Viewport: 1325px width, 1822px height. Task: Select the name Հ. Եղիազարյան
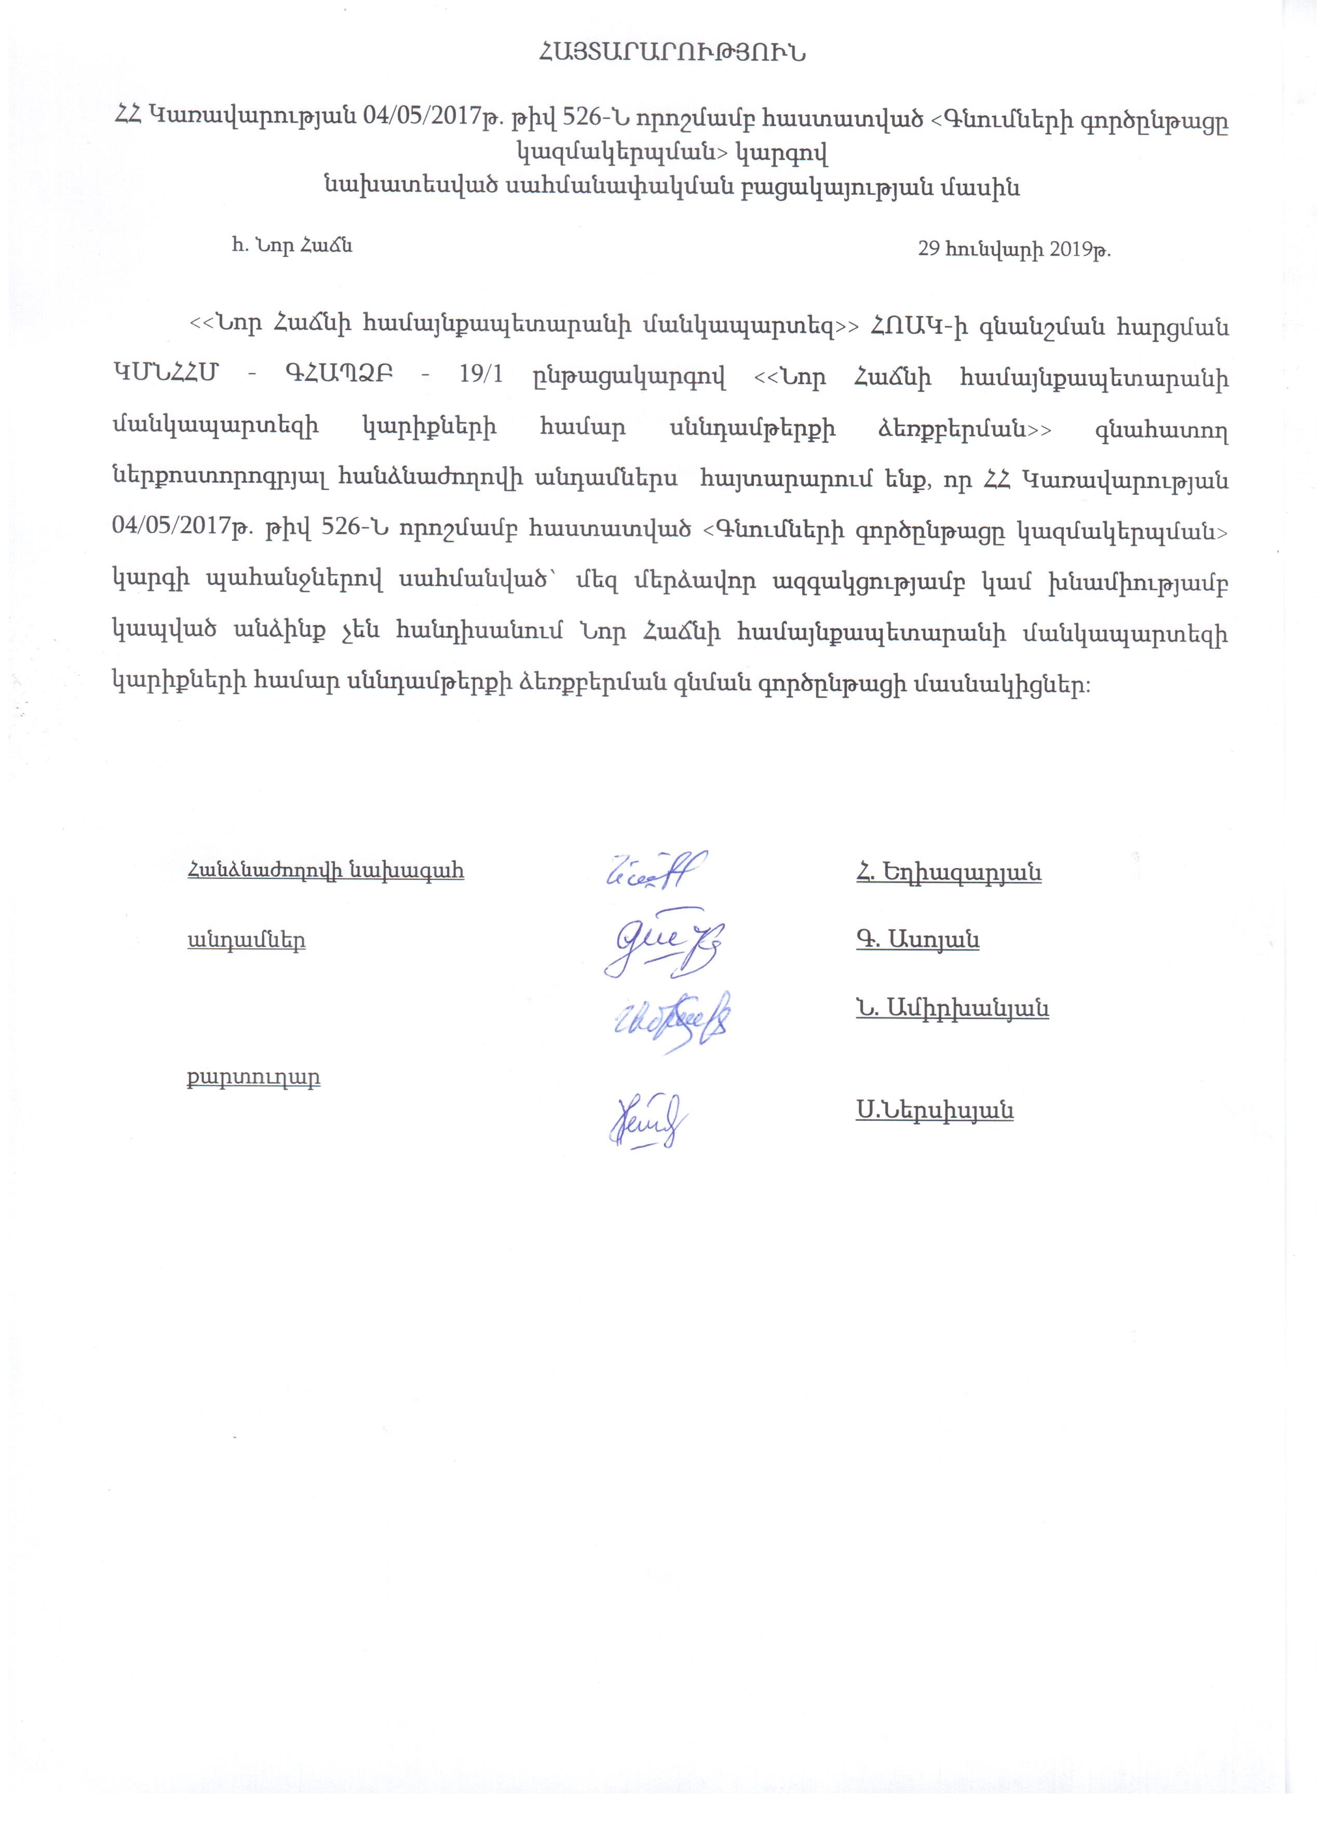[949, 873]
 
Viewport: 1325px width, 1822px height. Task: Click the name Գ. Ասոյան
[917, 940]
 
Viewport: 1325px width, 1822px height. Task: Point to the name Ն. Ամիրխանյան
[952, 1009]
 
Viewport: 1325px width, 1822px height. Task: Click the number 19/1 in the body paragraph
[479, 377]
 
